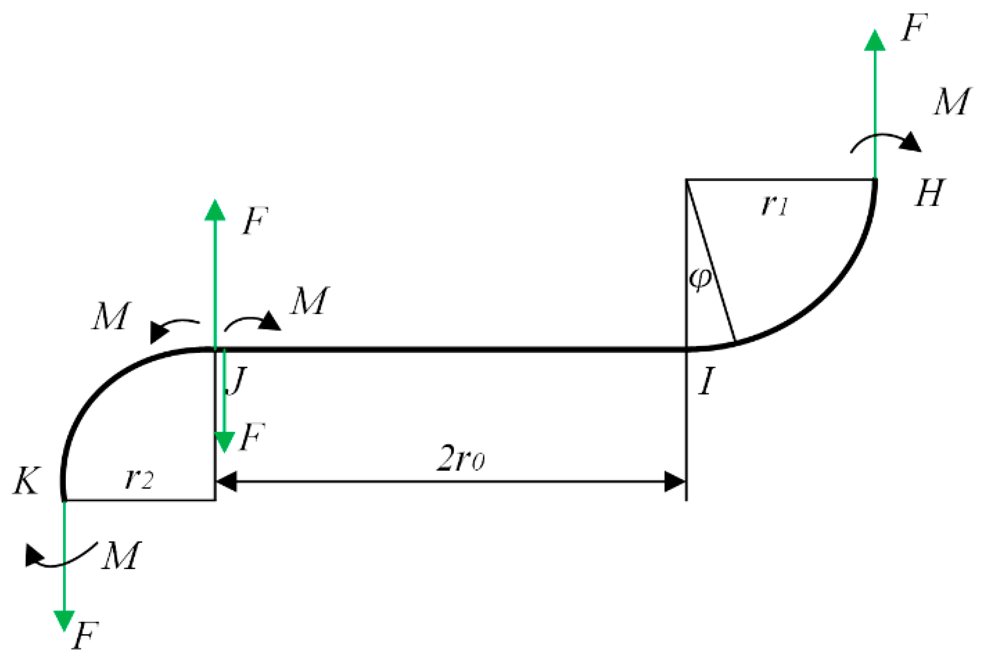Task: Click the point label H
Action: [929, 193]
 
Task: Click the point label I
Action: [707, 381]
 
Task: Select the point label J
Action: [236, 381]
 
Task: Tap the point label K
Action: [26, 481]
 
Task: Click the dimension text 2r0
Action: [460, 459]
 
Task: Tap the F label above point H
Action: [914, 28]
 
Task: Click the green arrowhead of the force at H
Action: [875, 41]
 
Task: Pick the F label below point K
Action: [85, 636]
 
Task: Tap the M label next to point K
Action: [121, 556]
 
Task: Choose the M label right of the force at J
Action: [309, 301]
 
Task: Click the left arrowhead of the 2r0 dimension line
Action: [227, 482]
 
